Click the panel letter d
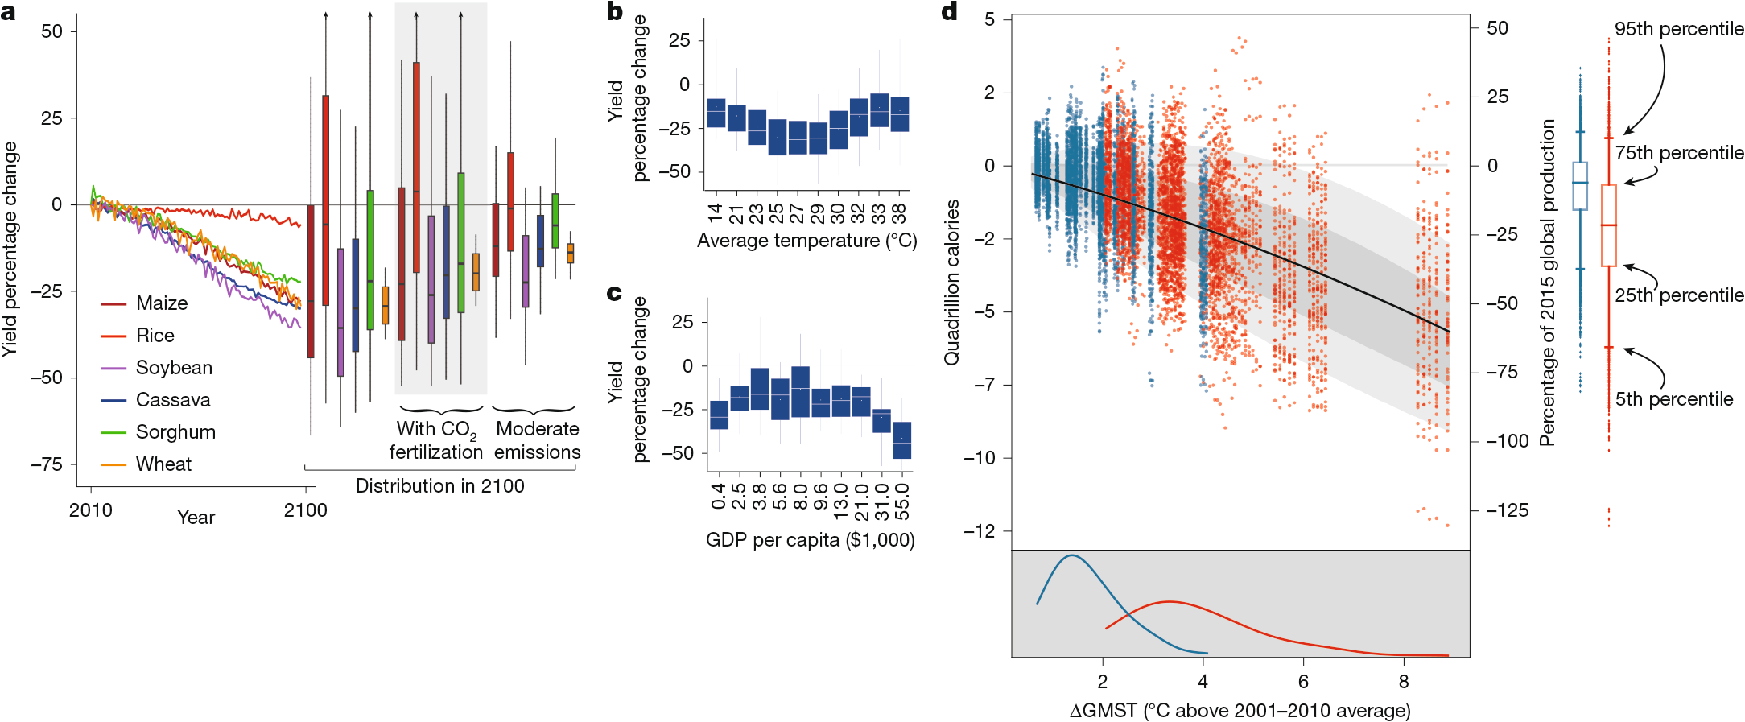(x=949, y=11)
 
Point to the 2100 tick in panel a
(x=305, y=510)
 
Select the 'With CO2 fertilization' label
(x=436, y=440)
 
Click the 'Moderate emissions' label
(x=537, y=440)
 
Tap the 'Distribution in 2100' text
(x=439, y=486)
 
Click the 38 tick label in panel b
(x=899, y=213)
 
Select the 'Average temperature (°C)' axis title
(x=806, y=241)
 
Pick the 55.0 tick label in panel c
(x=902, y=501)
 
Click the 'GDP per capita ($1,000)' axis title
(x=810, y=540)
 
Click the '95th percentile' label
(x=1679, y=29)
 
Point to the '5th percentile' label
(x=1673, y=399)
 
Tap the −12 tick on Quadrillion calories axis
(x=979, y=530)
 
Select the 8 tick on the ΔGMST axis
(x=1404, y=682)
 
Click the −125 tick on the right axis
(x=1507, y=510)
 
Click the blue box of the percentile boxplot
(x=1580, y=186)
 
